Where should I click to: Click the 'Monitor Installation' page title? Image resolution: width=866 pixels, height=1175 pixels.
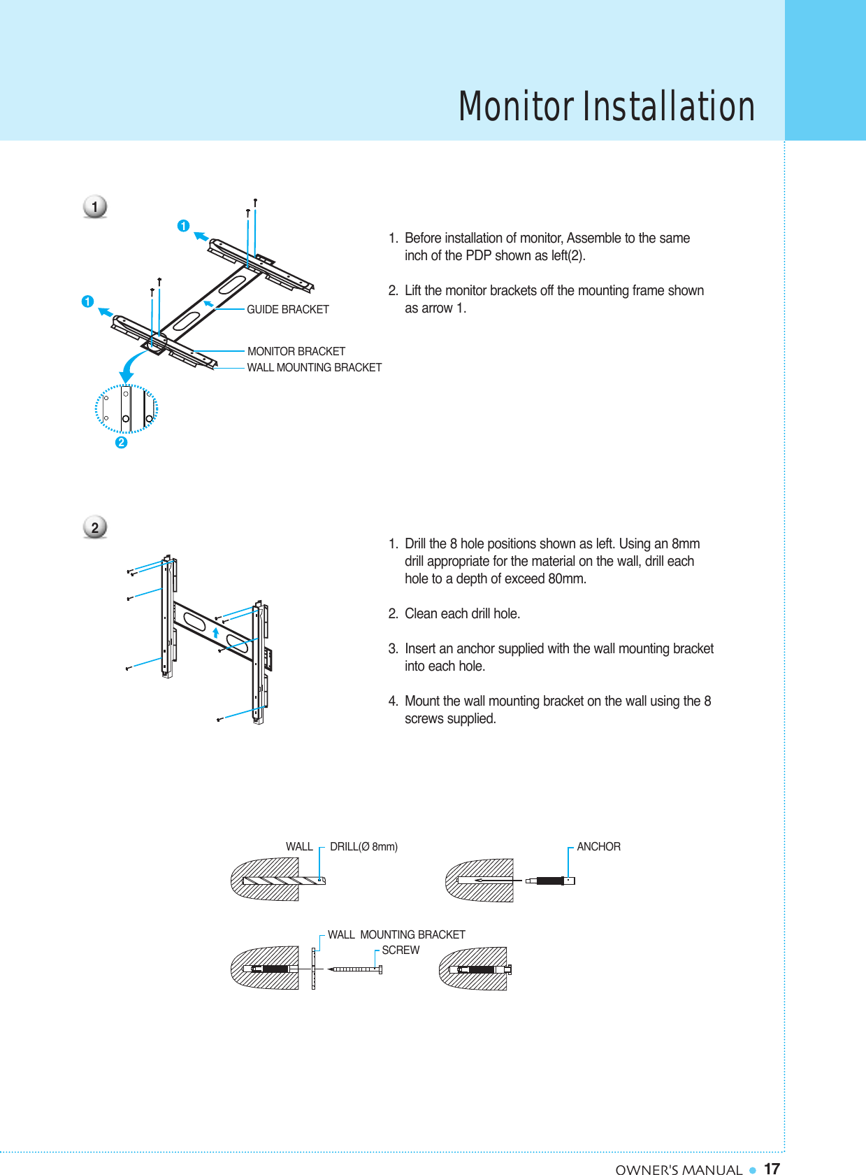(606, 106)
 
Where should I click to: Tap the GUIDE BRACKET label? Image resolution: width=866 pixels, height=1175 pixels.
(287, 309)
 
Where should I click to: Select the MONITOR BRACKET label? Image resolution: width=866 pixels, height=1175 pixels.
(296, 351)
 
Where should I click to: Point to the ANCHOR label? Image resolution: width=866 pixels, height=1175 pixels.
(598, 846)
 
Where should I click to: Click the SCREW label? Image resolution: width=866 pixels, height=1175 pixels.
(400, 950)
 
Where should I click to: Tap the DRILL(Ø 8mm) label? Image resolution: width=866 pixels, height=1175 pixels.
(363, 846)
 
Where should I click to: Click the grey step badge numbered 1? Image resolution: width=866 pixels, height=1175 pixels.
(95, 207)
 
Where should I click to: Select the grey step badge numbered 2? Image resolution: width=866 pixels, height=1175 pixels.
(95, 527)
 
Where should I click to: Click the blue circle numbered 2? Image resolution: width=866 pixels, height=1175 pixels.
(122, 442)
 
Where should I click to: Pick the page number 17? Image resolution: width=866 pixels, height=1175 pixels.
(772, 1169)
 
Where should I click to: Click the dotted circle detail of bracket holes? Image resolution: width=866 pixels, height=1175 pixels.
(127, 408)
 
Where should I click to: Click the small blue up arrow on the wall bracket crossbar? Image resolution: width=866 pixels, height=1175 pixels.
(216, 632)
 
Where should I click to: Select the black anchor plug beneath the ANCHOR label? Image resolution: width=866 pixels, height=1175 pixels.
(550, 881)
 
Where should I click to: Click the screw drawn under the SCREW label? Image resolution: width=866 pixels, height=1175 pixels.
(355, 969)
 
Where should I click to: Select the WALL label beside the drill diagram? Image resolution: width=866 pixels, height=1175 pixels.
(299, 846)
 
